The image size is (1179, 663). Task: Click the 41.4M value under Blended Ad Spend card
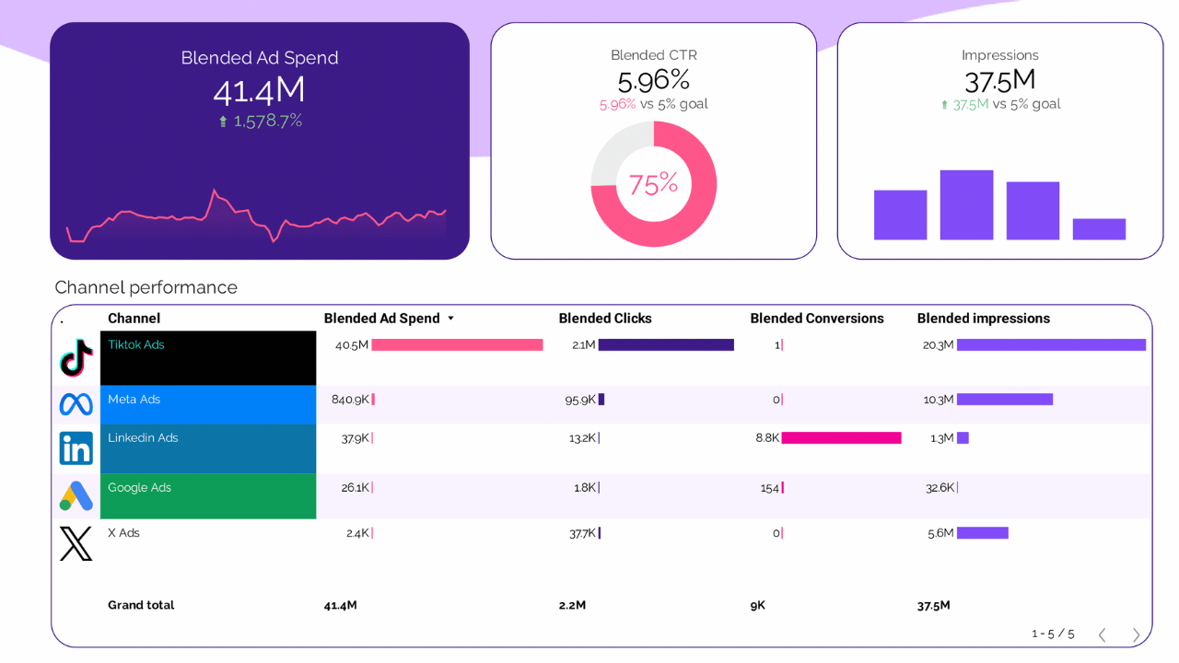click(x=259, y=90)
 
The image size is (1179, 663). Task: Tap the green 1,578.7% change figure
click(x=267, y=121)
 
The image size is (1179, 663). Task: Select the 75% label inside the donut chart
click(x=653, y=184)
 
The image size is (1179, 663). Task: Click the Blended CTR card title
click(x=653, y=55)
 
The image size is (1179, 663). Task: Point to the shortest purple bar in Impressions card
click(x=1099, y=229)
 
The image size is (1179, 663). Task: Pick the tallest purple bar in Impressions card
click(x=966, y=204)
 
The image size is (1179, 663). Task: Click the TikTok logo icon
click(x=76, y=358)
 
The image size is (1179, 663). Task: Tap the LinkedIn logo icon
click(x=76, y=448)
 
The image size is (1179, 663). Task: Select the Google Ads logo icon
click(x=76, y=496)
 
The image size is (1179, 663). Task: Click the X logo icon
click(x=76, y=544)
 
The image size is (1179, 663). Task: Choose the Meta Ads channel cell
click(x=208, y=404)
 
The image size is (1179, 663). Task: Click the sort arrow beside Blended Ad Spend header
click(x=450, y=319)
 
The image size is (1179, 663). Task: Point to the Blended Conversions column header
click(x=816, y=319)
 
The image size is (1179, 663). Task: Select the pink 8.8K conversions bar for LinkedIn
click(x=841, y=438)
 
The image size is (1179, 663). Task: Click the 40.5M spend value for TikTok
click(x=351, y=345)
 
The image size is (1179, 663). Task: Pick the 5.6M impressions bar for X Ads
click(x=983, y=533)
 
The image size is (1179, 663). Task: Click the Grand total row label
click(x=141, y=605)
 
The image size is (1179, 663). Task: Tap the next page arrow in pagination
click(x=1136, y=634)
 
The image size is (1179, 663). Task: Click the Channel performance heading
click(x=146, y=287)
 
